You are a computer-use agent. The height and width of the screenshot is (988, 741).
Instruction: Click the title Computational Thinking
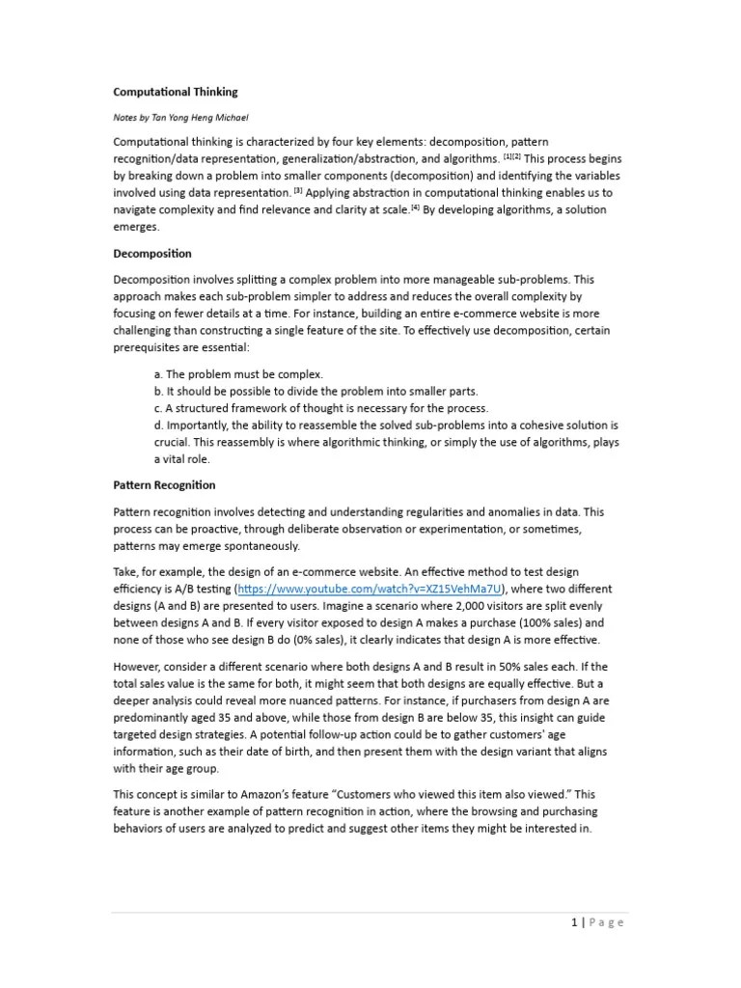(x=175, y=92)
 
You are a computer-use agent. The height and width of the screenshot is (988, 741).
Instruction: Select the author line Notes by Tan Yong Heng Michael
(x=180, y=117)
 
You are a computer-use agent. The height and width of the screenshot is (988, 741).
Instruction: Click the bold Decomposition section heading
(x=152, y=254)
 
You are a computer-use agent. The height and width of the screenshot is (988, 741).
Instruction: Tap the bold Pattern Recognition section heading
(x=164, y=485)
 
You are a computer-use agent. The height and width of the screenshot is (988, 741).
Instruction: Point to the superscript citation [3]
(x=298, y=189)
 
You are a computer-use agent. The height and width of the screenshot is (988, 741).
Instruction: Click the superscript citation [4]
(x=414, y=206)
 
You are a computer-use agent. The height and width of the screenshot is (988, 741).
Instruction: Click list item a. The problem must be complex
(x=238, y=373)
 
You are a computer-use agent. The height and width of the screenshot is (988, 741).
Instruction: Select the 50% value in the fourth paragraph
(x=500, y=668)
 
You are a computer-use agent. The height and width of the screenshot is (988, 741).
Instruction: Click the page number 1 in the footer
(x=573, y=922)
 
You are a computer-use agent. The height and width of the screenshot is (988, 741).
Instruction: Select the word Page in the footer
(x=607, y=922)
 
